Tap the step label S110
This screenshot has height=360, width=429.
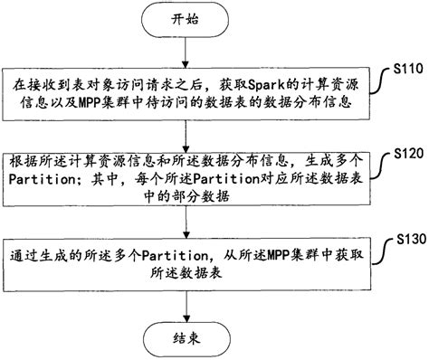click(x=409, y=67)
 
